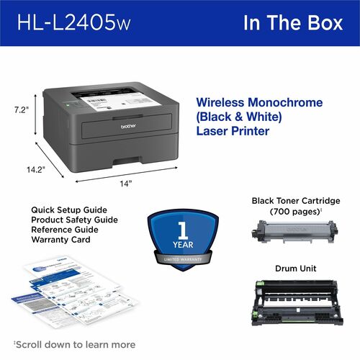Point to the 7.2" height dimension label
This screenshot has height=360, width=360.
point(22,110)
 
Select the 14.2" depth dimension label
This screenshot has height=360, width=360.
point(32,170)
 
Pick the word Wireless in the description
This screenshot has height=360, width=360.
point(220,103)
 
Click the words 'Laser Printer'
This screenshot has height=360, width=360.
point(232,132)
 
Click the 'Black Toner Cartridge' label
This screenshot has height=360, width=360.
point(295,201)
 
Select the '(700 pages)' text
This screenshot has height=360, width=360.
point(294,213)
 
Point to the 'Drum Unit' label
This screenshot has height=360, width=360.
point(294,269)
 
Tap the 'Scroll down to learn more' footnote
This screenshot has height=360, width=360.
point(74,344)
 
